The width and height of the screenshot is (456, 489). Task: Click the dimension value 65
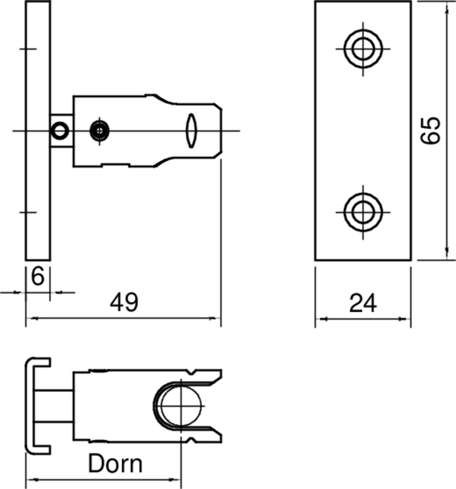coord(432,130)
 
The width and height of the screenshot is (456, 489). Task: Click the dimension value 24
coord(363,303)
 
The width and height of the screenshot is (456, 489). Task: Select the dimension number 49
coord(124,303)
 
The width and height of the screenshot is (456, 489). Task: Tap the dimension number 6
coord(37,277)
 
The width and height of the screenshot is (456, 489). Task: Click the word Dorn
coord(116,464)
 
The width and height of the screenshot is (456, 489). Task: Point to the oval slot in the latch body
coord(191,130)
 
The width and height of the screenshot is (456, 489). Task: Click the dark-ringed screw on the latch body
coord(100,130)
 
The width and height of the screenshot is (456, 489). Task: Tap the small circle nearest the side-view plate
coord(60,130)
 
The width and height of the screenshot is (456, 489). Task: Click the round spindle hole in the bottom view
coord(182,406)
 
